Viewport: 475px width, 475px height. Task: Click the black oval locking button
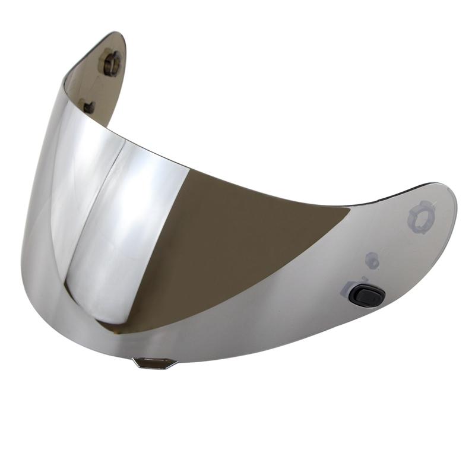coord(367,295)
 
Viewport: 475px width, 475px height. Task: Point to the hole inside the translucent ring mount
coord(422,217)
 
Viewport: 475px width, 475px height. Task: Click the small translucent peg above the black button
coord(372,259)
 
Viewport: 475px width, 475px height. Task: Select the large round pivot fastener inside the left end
coord(112,62)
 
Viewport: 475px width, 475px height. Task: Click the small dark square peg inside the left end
coord(89,107)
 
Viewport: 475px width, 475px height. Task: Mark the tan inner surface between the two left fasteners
coord(101,86)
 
